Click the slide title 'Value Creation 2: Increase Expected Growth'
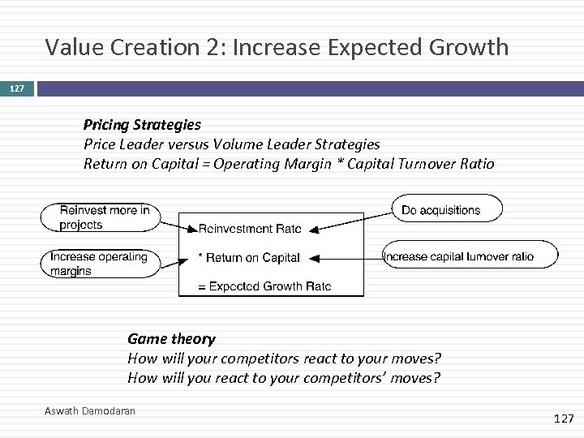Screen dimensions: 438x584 277,47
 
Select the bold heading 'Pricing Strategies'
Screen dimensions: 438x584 142,125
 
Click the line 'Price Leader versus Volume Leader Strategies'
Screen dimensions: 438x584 231,144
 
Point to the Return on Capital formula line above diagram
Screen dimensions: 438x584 288,164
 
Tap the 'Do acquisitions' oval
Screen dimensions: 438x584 446,209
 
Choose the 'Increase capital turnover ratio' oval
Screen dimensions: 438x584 470,255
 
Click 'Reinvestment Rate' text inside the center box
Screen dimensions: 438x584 250,230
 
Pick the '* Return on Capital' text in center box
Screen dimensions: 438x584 249,258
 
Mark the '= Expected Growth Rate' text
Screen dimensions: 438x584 264,286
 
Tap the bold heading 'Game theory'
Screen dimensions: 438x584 171,339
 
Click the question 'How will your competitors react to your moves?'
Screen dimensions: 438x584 284,359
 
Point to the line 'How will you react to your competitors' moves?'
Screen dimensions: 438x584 284,378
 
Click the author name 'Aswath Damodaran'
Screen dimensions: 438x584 90,411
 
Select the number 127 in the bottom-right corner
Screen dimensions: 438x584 562,419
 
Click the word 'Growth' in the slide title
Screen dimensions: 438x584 470,47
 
